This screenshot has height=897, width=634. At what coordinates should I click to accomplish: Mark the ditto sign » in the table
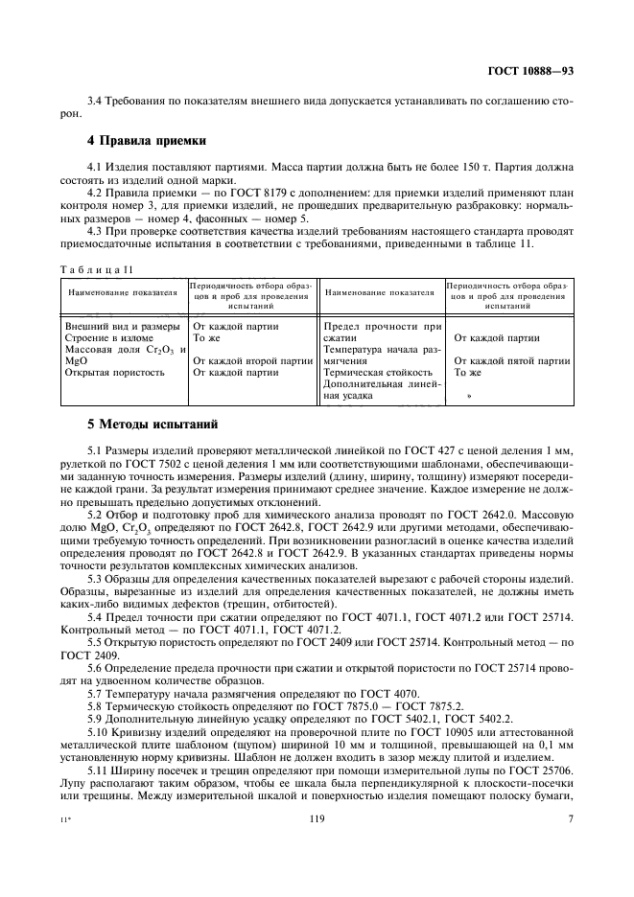click(469, 395)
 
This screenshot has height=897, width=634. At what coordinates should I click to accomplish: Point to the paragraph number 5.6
click(96, 668)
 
